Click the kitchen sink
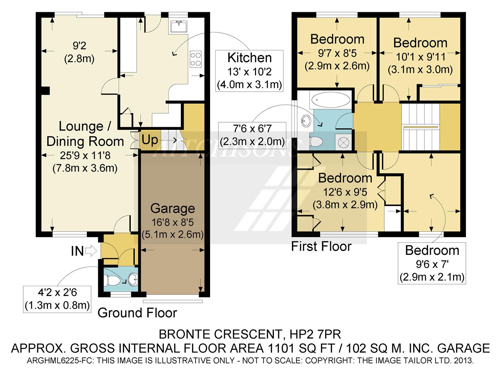pyautogui.click(x=179, y=26)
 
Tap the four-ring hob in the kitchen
pyautogui.click(x=196, y=59)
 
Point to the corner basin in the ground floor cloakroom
pyautogui.click(x=133, y=279)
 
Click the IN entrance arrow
pyautogui.click(x=91, y=251)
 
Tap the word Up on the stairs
pyautogui.click(x=150, y=140)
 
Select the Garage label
pyautogui.click(x=173, y=209)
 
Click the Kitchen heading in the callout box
pyautogui.click(x=249, y=58)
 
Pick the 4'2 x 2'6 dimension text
pyautogui.click(x=57, y=292)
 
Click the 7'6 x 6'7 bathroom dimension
pyautogui.click(x=252, y=129)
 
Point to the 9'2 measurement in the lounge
pyautogui.click(x=79, y=45)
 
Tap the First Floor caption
pyautogui.click(x=321, y=246)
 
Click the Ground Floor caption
pyautogui.click(x=137, y=313)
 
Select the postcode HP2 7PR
pyautogui.click(x=315, y=335)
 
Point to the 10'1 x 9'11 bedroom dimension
pyautogui.click(x=420, y=57)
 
